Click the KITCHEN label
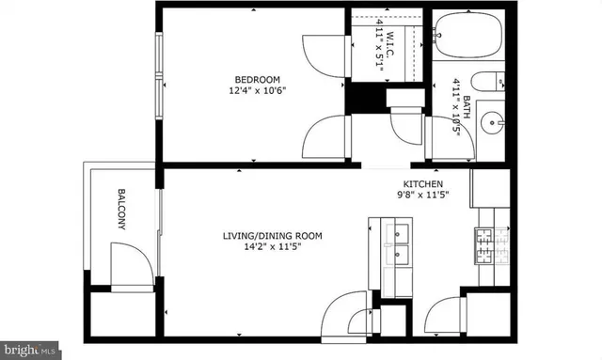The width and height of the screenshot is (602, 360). (x=423, y=184)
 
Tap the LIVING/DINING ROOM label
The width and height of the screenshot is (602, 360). (x=273, y=235)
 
